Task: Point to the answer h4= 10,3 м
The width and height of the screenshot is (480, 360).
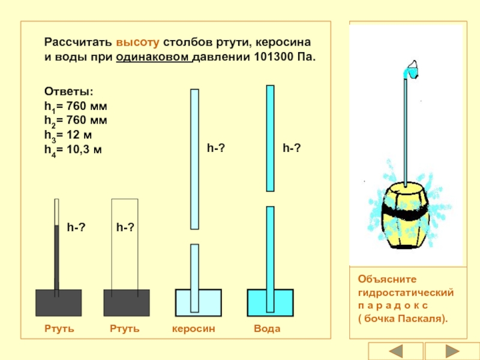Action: pyautogui.click(x=73, y=150)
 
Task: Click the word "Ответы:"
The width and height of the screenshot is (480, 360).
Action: pyautogui.click(x=68, y=91)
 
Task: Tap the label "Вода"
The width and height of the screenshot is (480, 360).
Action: pyautogui.click(x=267, y=329)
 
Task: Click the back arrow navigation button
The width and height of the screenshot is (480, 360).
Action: pyautogui.click(x=396, y=351)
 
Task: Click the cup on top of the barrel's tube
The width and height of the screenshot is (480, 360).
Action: pyautogui.click(x=412, y=70)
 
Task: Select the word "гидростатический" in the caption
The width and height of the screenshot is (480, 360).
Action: pyautogui.click(x=405, y=292)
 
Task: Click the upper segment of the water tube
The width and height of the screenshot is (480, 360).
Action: pyautogui.click(x=271, y=138)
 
